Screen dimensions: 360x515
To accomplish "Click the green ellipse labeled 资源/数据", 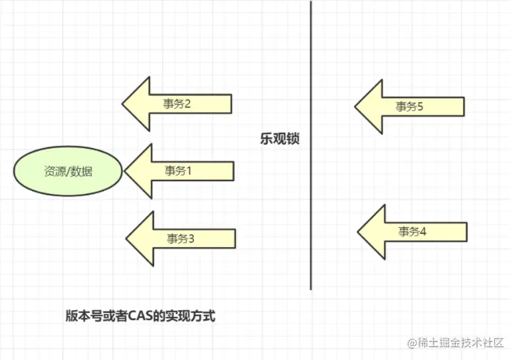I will tap(68, 171).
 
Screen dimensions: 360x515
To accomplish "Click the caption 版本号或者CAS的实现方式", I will tap(140, 317).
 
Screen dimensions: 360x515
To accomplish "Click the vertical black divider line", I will tap(311, 199).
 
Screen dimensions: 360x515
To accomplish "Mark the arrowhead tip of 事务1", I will tap(126, 171).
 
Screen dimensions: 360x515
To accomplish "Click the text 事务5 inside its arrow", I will tap(409, 106).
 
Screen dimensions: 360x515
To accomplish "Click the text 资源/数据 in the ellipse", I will tap(68, 171).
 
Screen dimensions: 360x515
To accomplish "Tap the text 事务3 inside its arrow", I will tap(180, 239).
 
